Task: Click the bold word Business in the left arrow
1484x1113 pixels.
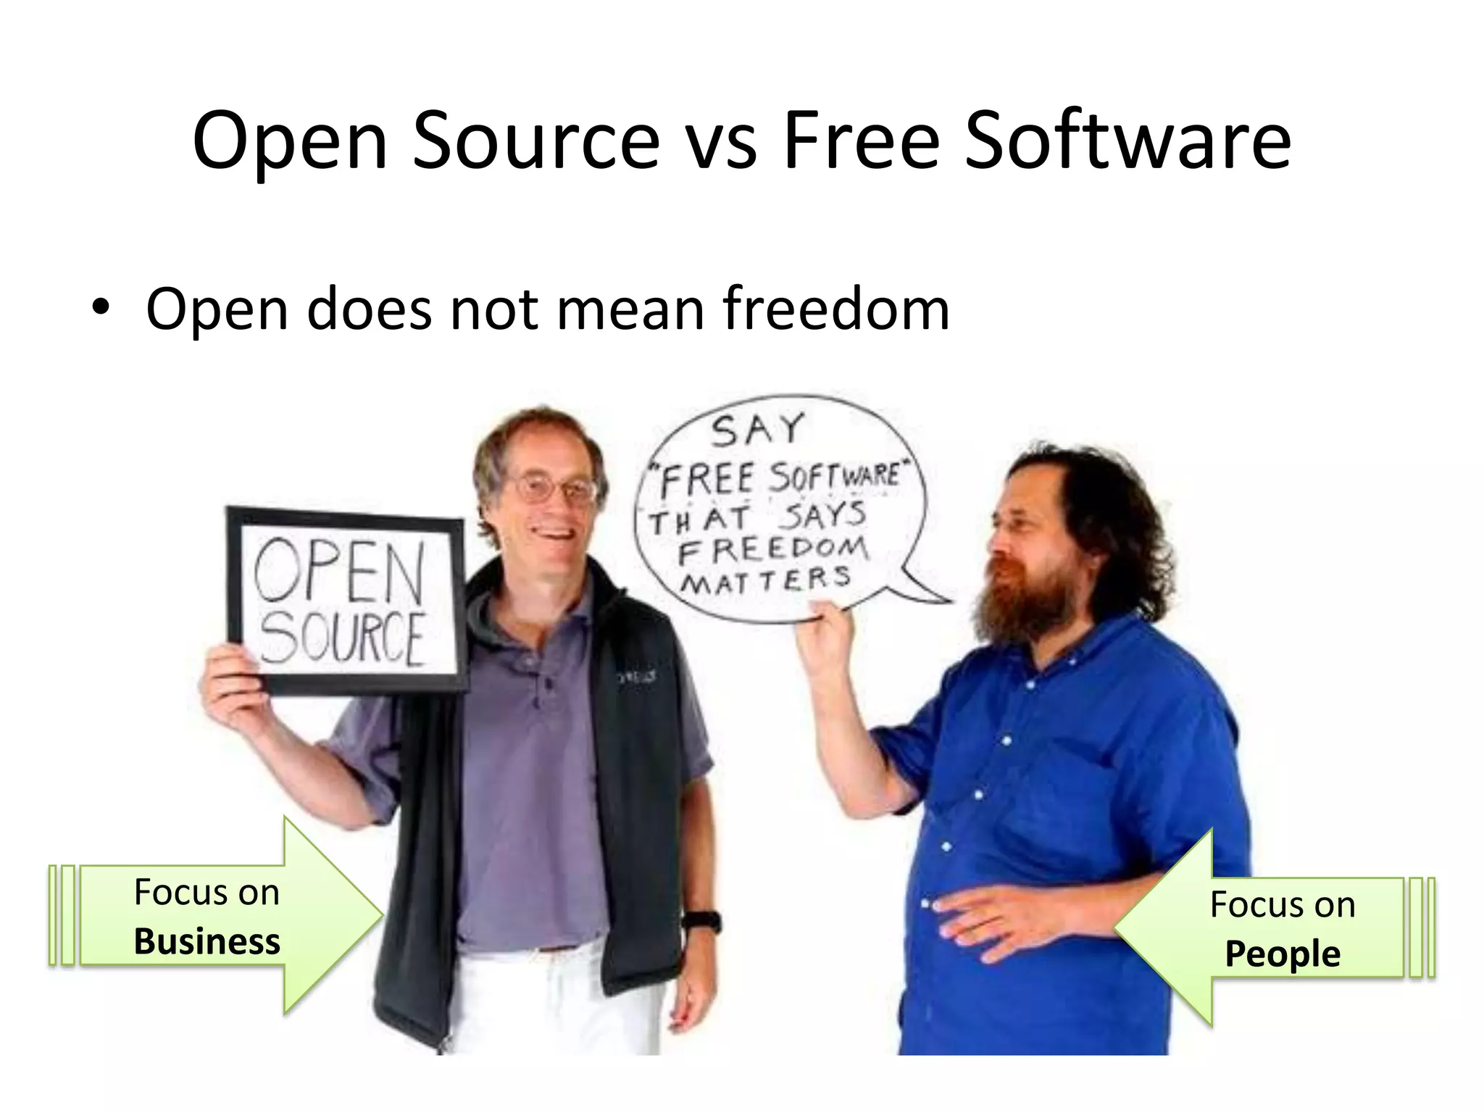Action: point(207,942)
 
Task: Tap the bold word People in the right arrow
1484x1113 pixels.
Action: point(1282,954)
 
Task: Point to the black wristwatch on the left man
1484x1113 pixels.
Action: point(701,922)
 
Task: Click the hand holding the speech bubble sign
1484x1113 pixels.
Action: point(826,638)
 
